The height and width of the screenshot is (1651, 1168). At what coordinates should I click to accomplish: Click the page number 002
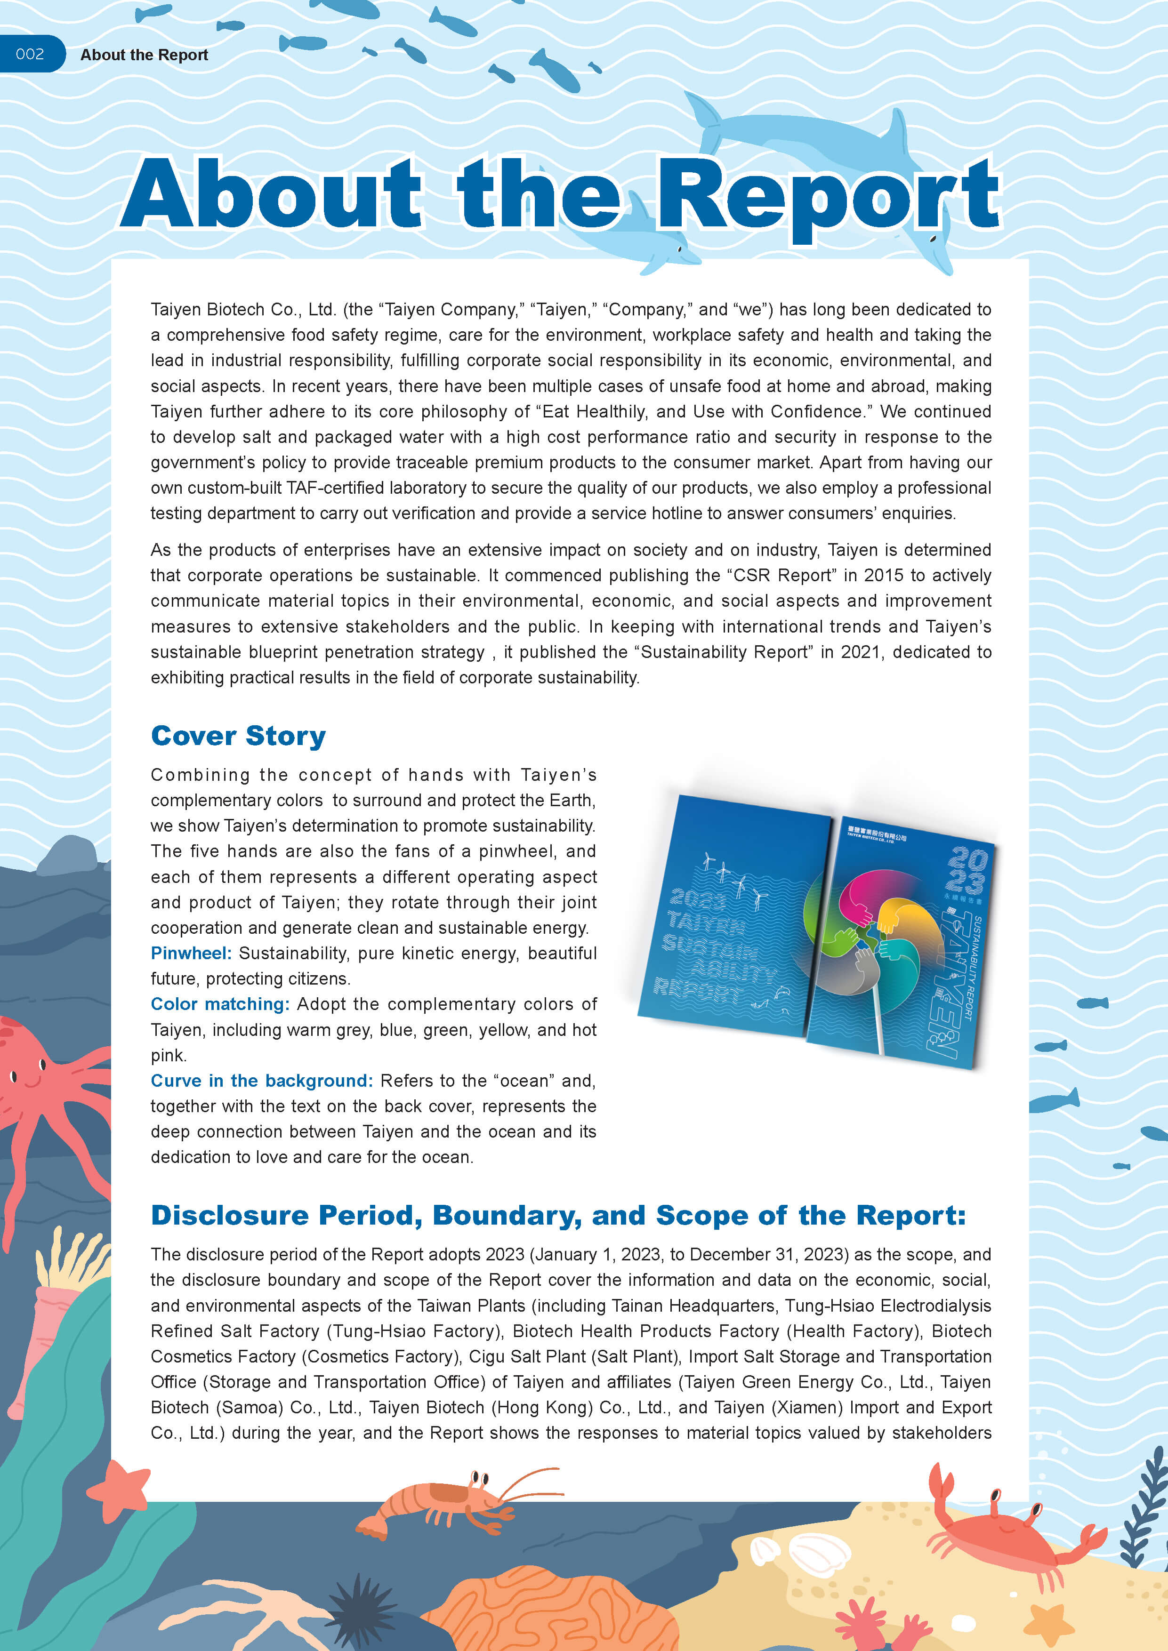pyautogui.click(x=30, y=54)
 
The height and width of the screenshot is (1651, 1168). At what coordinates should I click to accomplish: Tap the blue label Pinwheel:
pyautogui.click(x=191, y=953)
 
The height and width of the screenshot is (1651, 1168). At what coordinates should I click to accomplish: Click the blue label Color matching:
pyautogui.click(x=219, y=1004)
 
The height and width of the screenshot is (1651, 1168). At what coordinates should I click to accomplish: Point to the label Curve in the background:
pyautogui.click(x=261, y=1080)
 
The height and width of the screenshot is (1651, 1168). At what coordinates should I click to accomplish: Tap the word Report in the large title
pyautogui.click(x=827, y=194)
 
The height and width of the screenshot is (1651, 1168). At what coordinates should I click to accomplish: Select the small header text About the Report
pyautogui.click(x=144, y=55)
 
